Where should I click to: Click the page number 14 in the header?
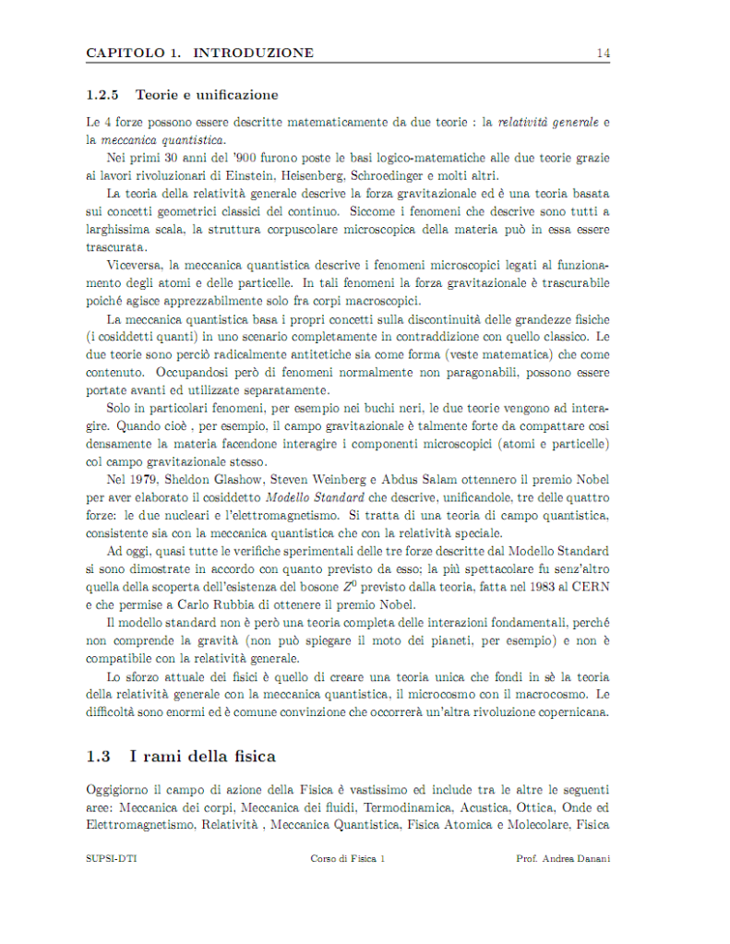click(x=603, y=54)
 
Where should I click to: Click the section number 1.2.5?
click(x=102, y=95)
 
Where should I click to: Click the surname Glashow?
click(x=244, y=480)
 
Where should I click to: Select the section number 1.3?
click(x=98, y=757)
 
